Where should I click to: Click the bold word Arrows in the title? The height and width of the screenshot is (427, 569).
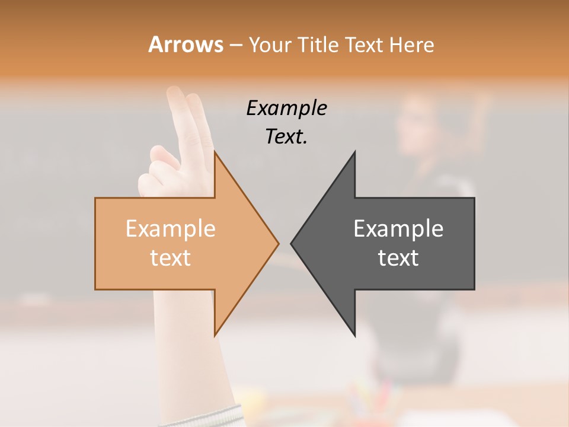(186, 44)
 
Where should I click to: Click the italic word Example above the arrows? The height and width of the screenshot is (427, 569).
(287, 108)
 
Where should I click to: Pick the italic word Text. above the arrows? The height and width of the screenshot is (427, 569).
(287, 136)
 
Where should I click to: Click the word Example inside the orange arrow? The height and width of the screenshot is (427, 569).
(171, 228)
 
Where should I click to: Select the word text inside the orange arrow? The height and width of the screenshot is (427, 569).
(171, 257)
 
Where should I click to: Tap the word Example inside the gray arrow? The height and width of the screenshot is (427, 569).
(398, 228)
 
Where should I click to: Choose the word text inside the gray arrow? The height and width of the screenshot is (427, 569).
(398, 257)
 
